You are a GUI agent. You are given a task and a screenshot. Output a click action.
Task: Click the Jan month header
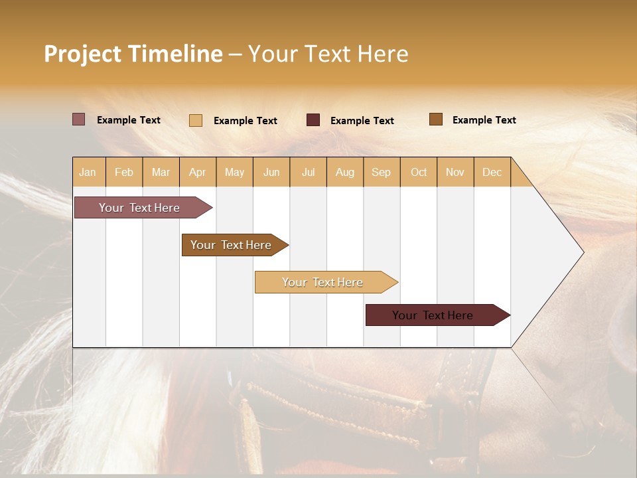coord(88,172)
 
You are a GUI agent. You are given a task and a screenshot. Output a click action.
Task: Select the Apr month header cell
coord(198,172)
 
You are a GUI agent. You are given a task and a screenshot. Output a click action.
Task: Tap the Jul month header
coord(309,172)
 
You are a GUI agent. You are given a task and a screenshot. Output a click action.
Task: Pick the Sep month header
coord(382,172)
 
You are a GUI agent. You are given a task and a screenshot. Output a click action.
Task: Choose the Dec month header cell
coord(492,172)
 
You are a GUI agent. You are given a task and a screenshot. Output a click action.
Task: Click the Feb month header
coord(124,172)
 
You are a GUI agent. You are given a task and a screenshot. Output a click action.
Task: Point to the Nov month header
coord(455,172)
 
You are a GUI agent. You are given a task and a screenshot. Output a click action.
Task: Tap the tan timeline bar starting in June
coord(324,282)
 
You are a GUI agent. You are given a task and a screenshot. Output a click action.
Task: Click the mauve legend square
coord(79,119)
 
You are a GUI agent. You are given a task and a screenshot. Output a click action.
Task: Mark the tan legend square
coord(196,120)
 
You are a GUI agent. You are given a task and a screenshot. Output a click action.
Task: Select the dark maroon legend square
coord(313,120)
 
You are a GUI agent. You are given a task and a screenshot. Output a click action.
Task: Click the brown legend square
coord(436,119)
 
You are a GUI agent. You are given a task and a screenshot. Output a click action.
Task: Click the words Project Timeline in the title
coord(133,54)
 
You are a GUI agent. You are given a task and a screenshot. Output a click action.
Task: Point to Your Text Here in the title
coord(328,54)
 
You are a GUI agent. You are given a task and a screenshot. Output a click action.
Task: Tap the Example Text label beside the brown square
coord(484,120)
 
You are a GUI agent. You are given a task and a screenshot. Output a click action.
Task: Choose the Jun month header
coord(271,172)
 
